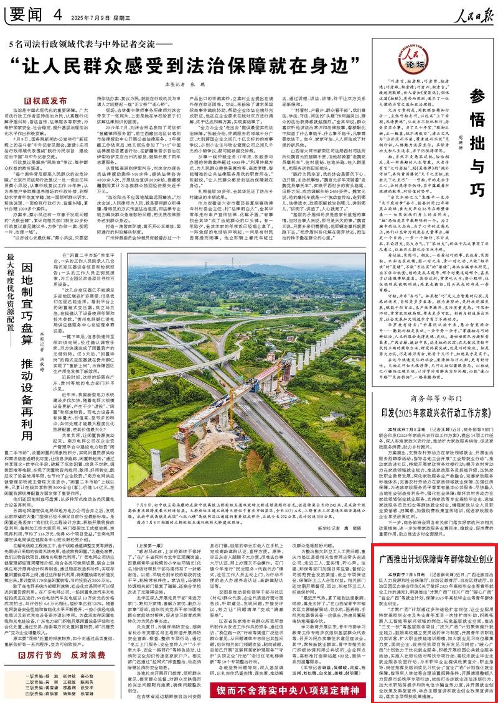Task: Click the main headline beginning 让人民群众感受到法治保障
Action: (x=195, y=64)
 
